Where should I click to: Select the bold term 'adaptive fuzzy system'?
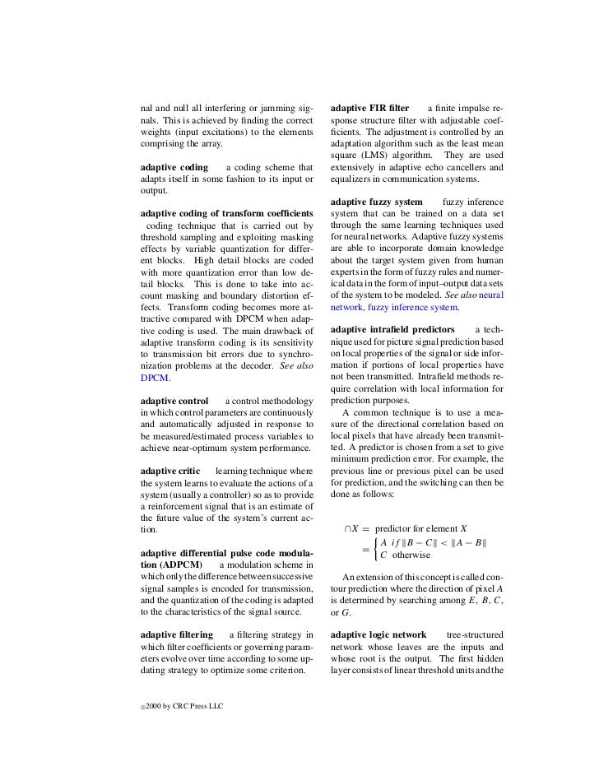(x=376, y=202)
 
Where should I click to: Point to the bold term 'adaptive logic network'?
(x=378, y=635)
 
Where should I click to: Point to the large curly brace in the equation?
(x=376, y=549)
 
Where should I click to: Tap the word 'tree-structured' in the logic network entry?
(x=475, y=635)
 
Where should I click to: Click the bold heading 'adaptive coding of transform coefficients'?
(x=226, y=213)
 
